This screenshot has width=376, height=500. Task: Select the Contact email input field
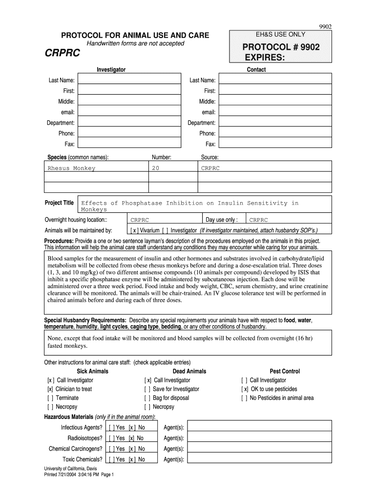coord(275,112)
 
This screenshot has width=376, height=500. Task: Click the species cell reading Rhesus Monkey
coord(71,168)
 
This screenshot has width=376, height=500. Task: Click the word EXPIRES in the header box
coord(264,58)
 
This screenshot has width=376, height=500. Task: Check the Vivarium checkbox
coord(134,230)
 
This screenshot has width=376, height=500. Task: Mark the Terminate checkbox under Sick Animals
coord(50,398)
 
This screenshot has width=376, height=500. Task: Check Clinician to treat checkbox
coord(50,389)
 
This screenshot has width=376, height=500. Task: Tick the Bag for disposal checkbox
coord(147,398)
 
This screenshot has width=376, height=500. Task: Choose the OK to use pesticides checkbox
coord(245,389)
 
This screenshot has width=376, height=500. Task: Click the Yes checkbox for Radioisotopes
coord(112,438)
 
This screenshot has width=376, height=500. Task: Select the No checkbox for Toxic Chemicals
coord(132,459)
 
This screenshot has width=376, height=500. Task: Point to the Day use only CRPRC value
coord(259,220)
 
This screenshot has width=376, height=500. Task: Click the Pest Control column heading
coord(285,371)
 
